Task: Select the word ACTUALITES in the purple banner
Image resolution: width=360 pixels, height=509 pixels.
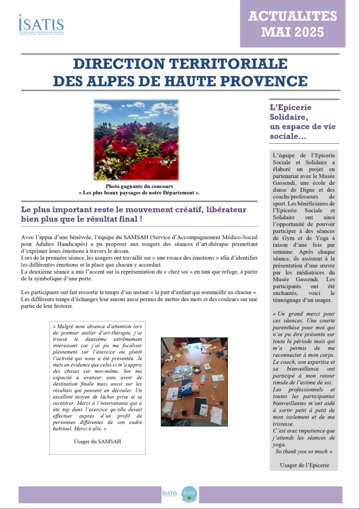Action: (293, 16)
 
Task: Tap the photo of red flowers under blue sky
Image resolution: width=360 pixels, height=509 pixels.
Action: (136, 140)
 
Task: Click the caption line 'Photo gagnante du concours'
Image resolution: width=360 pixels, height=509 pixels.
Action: (139, 186)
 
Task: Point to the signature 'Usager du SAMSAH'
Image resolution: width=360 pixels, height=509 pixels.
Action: (98, 442)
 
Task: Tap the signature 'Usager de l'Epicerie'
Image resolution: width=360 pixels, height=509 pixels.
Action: (303, 465)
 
